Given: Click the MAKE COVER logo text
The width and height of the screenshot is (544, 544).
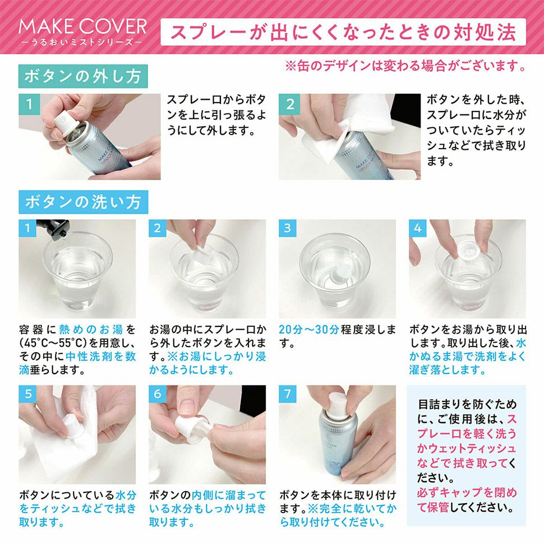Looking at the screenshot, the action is (x=82, y=27).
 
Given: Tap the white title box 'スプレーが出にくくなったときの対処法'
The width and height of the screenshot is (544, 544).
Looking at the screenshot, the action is (x=343, y=32).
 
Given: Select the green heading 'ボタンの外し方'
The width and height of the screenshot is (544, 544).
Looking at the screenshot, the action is (x=83, y=76).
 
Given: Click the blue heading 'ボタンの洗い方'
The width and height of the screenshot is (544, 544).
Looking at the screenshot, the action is (x=83, y=202).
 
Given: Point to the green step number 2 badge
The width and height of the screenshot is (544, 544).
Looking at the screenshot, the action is (x=290, y=104).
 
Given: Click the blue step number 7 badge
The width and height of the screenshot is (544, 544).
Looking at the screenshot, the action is (x=288, y=394).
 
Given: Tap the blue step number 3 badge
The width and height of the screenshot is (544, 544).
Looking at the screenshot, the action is (x=288, y=228).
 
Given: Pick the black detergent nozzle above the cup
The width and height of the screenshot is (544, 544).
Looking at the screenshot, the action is (x=54, y=229).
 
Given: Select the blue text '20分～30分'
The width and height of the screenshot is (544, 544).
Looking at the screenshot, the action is (x=309, y=330).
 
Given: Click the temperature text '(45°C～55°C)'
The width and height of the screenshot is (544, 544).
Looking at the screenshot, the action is (x=53, y=343).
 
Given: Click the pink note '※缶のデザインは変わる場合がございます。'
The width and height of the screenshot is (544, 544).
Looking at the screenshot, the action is (x=406, y=66).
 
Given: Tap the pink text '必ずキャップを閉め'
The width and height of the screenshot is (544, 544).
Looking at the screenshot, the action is (x=467, y=492).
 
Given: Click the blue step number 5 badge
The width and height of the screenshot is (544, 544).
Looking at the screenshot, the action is (x=27, y=394).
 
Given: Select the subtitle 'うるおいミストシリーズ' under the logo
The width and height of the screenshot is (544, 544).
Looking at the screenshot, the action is (x=82, y=42).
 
